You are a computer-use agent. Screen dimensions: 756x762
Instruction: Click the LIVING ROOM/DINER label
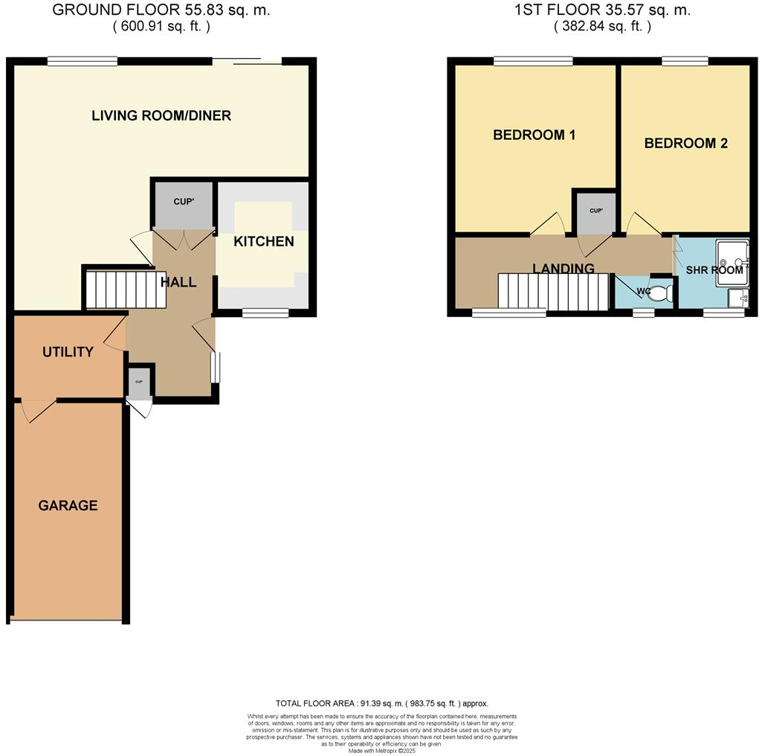coord(161,115)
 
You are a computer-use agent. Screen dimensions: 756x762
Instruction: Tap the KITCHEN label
coord(263,241)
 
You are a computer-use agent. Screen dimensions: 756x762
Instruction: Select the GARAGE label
coord(68,505)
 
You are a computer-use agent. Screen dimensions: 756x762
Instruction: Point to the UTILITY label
coord(68,351)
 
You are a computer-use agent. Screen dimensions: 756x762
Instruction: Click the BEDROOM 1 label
coord(535,135)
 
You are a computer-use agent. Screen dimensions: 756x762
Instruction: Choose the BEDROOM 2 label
coord(685,143)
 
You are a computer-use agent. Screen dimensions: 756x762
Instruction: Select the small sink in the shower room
coord(738,298)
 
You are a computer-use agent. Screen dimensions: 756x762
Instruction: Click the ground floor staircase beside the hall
coord(123,289)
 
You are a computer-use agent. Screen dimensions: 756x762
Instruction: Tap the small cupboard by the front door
coord(139,382)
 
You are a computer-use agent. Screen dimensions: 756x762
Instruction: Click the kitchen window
coord(265,313)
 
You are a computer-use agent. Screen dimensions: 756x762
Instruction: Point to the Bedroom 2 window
coord(685,62)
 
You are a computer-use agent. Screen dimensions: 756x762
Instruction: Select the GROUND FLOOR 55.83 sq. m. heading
coord(161,10)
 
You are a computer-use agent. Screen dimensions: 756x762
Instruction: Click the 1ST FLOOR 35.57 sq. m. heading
coord(602,10)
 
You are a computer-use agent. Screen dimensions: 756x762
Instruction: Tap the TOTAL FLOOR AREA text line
coord(381,703)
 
